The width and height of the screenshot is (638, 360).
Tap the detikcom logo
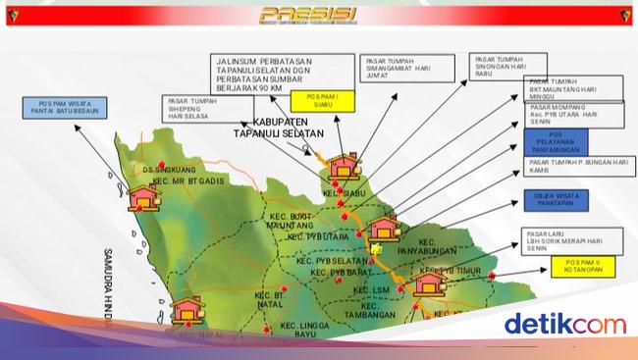(x=563, y=324)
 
